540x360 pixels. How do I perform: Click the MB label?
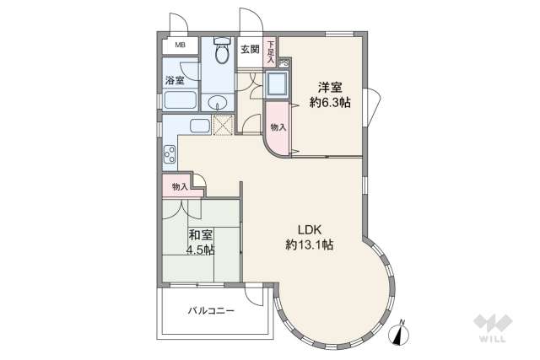click(180, 46)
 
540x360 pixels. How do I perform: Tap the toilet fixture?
click(221, 53)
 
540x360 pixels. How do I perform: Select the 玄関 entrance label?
click(250, 49)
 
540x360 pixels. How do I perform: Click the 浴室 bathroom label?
click(175, 81)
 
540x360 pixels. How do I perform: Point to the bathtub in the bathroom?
click(179, 102)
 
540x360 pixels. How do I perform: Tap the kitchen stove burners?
click(170, 154)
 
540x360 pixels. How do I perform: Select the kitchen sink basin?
click(200, 126)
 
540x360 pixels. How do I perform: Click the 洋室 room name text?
click(330, 87)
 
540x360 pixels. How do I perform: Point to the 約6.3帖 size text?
click(330, 102)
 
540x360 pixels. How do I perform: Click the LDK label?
click(309, 230)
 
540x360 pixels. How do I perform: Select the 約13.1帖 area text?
click(309, 246)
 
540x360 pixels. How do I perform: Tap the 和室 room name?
click(199, 234)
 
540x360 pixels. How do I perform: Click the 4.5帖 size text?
click(201, 250)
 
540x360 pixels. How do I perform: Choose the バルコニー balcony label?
click(211, 310)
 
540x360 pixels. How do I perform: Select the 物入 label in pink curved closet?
click(278, 126)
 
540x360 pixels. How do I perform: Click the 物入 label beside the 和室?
click(179, 185)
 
